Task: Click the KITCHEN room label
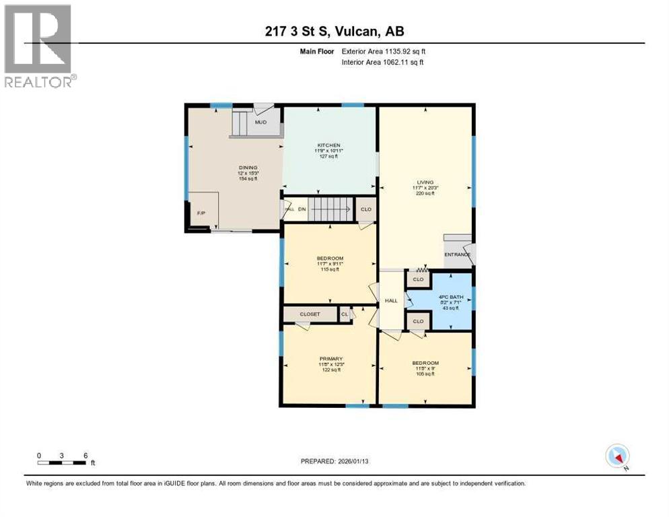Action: point(329,145)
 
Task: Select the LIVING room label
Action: point(425,181)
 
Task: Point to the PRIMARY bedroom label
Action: point(331,359)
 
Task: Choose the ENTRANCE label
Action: point(458,254)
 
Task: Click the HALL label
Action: point(391,301)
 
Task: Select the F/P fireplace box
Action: point(202,211)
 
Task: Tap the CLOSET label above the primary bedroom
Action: point(309,314)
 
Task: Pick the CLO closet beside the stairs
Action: point(366,209)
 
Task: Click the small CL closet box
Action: point(345,314)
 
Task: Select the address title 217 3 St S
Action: point(334,31)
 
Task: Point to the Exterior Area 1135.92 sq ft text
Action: point(384,51)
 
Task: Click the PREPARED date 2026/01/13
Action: point(334,461)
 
